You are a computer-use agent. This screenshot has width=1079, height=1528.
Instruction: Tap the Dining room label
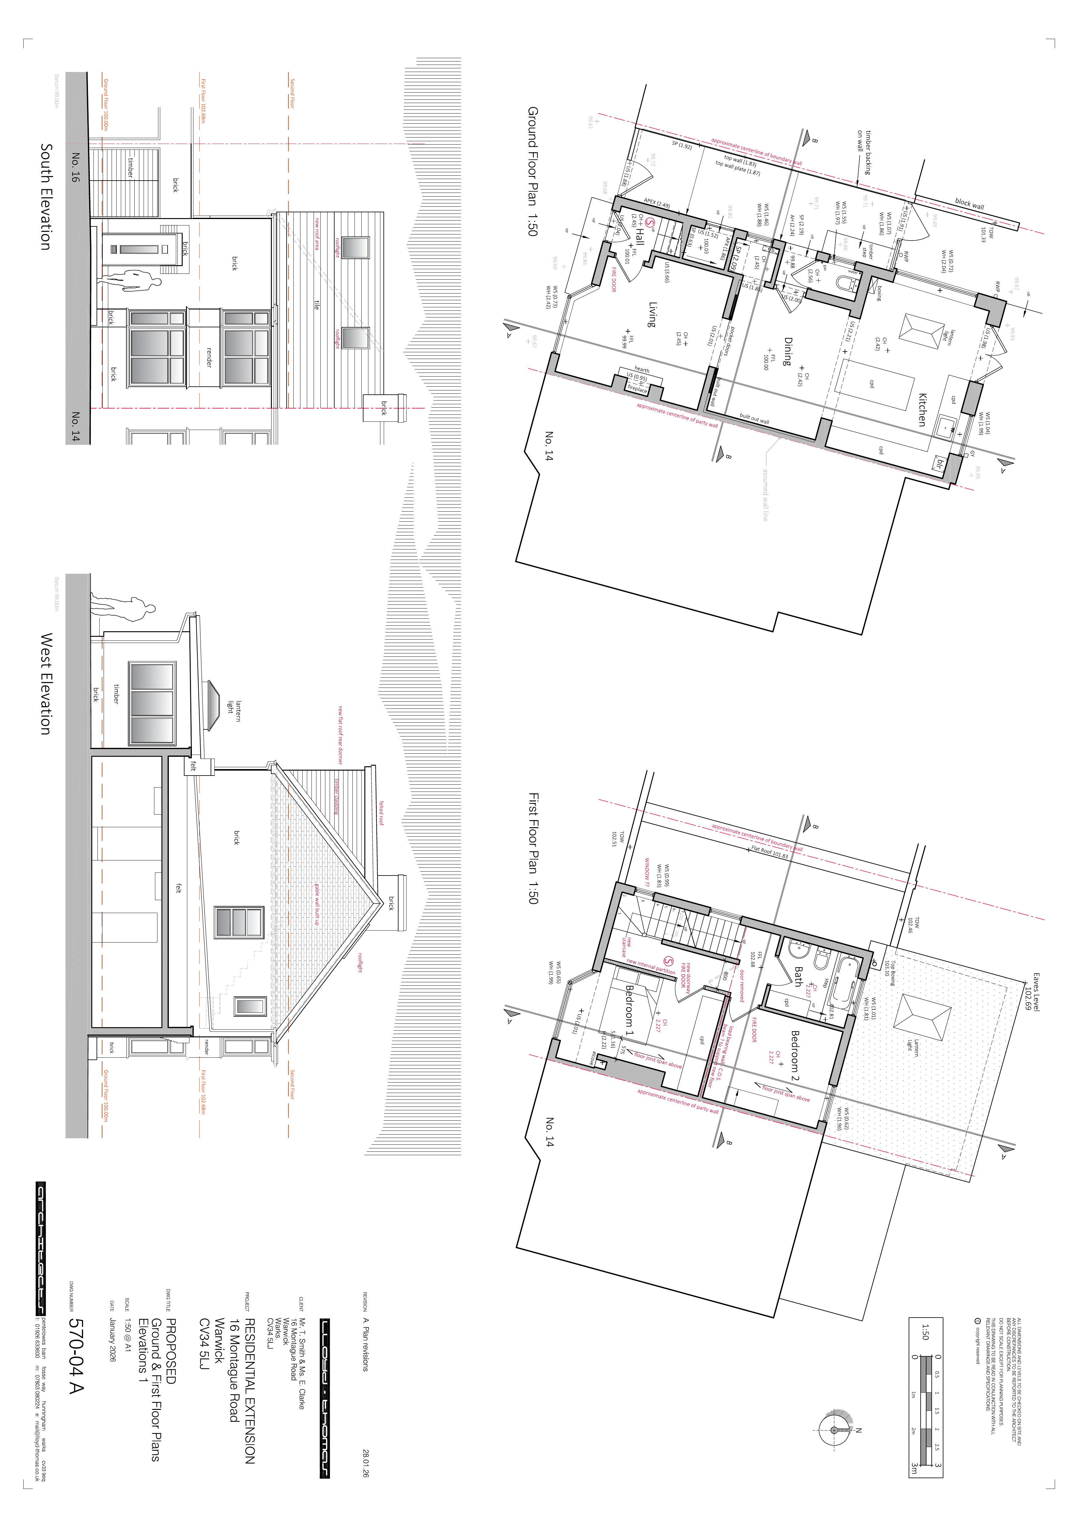pyautogui.click(x=788, y=351)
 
